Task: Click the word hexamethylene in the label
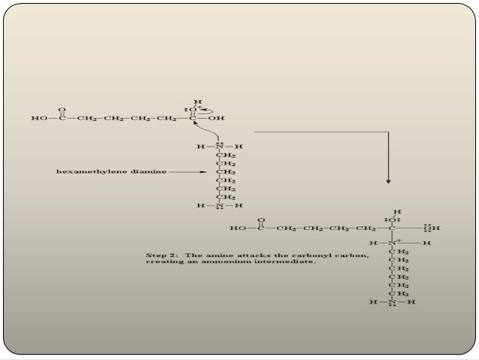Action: tap(84, 171)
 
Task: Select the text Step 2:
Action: tap(159, 256)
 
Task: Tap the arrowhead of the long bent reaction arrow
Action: tap(387, 180)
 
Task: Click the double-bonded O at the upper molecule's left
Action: tap(62, 107)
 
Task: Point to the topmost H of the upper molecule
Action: tap(198, 100)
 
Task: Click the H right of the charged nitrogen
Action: tap(427, 243)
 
